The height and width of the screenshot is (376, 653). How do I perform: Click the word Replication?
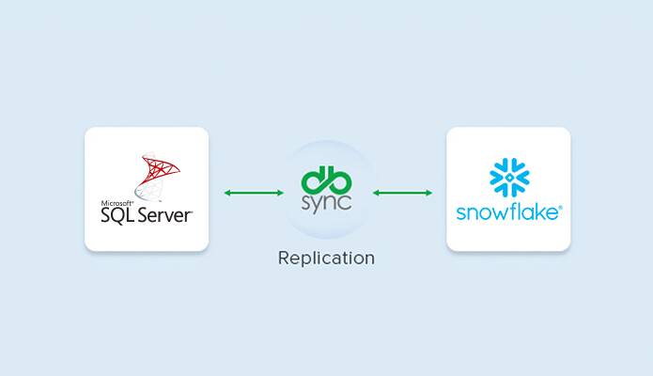(327, 258)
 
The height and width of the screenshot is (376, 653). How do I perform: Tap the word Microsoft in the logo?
(117, 203)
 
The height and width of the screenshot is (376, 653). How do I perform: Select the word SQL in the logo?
(117, 215)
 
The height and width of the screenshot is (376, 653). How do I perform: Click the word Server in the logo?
(165, 215)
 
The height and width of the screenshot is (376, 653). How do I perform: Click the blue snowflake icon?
(509, 178)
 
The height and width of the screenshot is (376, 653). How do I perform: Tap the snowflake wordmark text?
(506, 212)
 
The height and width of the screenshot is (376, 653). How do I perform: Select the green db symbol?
(327, 180)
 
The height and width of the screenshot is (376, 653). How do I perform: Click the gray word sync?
(327, 203)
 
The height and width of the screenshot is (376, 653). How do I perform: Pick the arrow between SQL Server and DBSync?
(254, 193)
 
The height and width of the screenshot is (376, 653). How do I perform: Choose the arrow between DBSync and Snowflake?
(402, 193)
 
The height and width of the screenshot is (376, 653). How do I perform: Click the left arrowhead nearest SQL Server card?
(227, 193)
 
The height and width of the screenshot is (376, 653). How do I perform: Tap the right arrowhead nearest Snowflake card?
(429, 193)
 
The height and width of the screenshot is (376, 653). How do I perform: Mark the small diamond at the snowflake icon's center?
(509, 178)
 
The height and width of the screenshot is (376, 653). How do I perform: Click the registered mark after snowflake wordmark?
(560, 207)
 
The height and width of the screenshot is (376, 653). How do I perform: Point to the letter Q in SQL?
(117, 216)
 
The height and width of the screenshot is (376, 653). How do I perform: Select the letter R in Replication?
(284, 258)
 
